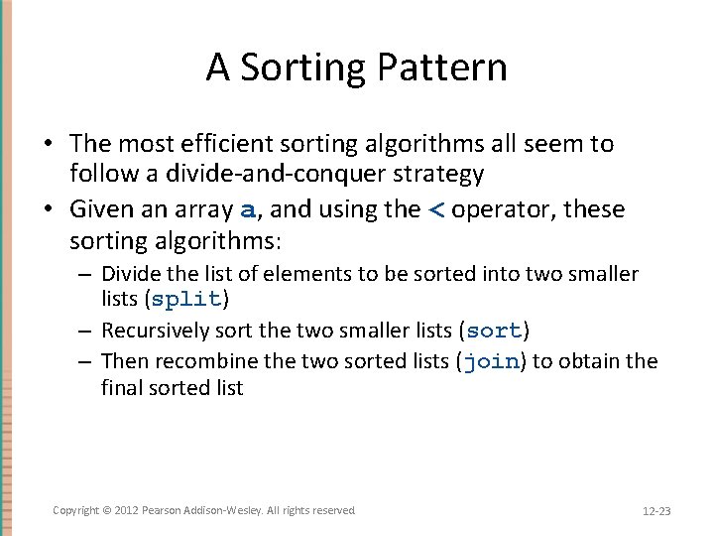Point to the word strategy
pyautogui.click(x=438, y=175)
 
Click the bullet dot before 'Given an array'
pyautogui.click(x=48, y=209)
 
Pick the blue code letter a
pyautogui.click(x=249, y=210)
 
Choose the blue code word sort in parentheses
pyautogui.click(x=494, y=331)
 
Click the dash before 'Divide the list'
pyautogui.click(x=88, y=273)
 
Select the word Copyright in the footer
pyautogui.click(x=75, y=510)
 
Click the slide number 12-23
pyautogui.click(x=656, y=511)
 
